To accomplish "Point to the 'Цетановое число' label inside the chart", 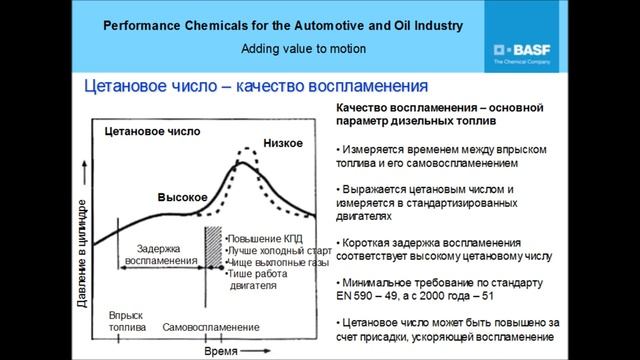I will coord(153,131).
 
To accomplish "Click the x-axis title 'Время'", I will coord(221,353).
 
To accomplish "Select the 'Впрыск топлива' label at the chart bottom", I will coord(127,321).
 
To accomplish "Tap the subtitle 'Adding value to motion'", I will coord(303,48).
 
